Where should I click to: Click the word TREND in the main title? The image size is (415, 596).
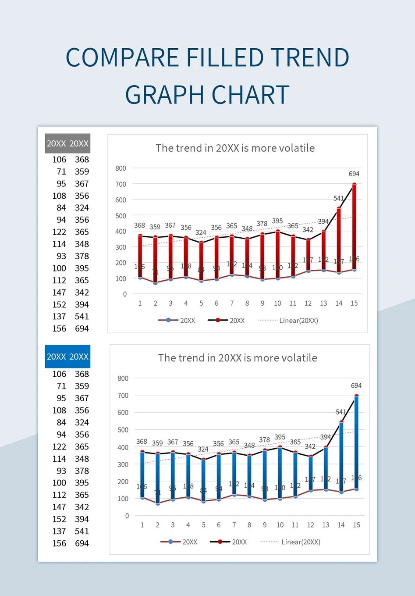pos(310,58)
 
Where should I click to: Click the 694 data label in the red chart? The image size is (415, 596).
pos(354,174)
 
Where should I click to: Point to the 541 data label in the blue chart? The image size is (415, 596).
pos(341,412)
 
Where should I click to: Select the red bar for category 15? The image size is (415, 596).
pos(354,228)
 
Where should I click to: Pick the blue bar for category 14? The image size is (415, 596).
pos(341,456)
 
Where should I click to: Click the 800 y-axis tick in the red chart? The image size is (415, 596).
pos(121,168)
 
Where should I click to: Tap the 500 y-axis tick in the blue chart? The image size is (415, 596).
pos(123,430)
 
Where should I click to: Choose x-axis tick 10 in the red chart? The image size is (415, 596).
pos(277,303)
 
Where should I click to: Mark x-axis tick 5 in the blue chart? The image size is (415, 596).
pos(203,525)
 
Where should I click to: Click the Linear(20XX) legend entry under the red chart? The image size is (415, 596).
pos(298,321)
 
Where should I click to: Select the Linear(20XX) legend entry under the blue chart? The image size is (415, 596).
pos(301,542)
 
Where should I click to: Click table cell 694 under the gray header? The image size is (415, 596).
pos(82,328)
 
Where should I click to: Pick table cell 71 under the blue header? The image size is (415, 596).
pos(61,386)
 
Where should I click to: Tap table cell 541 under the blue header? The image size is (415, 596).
pos(82,531)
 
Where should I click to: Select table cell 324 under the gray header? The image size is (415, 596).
pos(82,207)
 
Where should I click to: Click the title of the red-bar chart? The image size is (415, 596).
pos(235,148)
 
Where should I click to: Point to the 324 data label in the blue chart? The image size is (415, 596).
pos(203,449)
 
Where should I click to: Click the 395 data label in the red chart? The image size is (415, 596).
pos(277,221)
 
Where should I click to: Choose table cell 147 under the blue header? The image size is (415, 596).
pos(59,507)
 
